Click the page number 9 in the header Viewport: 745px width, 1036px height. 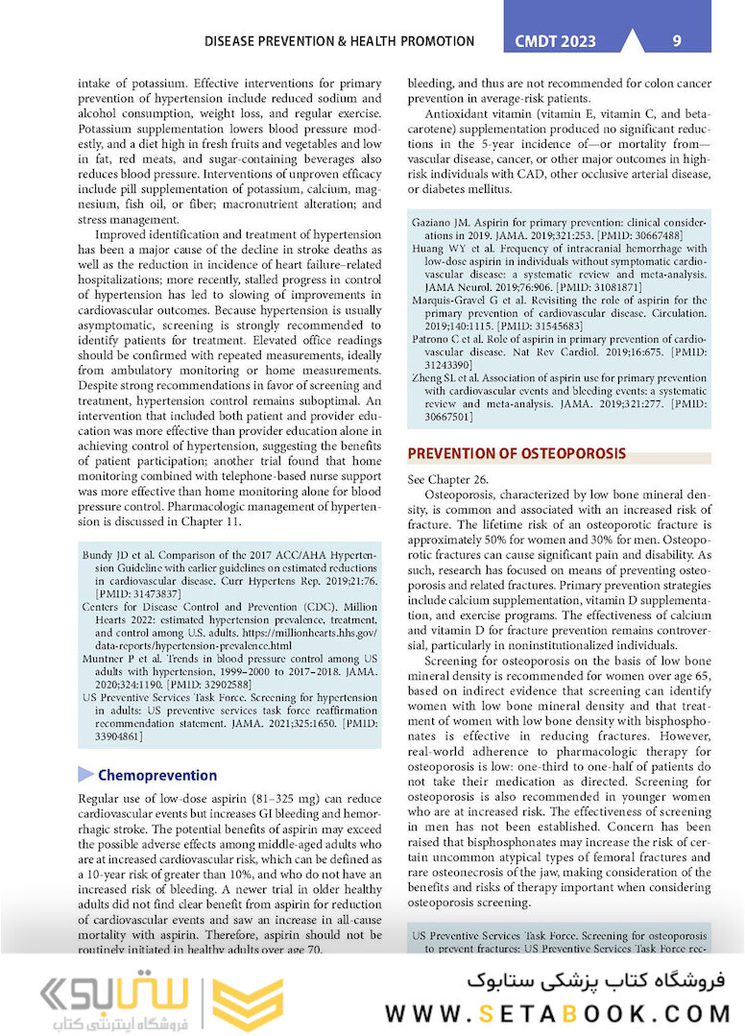677,41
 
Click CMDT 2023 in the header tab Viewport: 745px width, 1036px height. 556,41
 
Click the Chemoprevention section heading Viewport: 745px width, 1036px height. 157,775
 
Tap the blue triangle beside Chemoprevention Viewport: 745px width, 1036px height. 86,775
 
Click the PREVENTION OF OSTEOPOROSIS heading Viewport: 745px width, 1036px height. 517,453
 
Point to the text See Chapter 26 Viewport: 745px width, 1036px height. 448,478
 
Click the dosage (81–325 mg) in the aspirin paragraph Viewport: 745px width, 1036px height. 278,799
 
